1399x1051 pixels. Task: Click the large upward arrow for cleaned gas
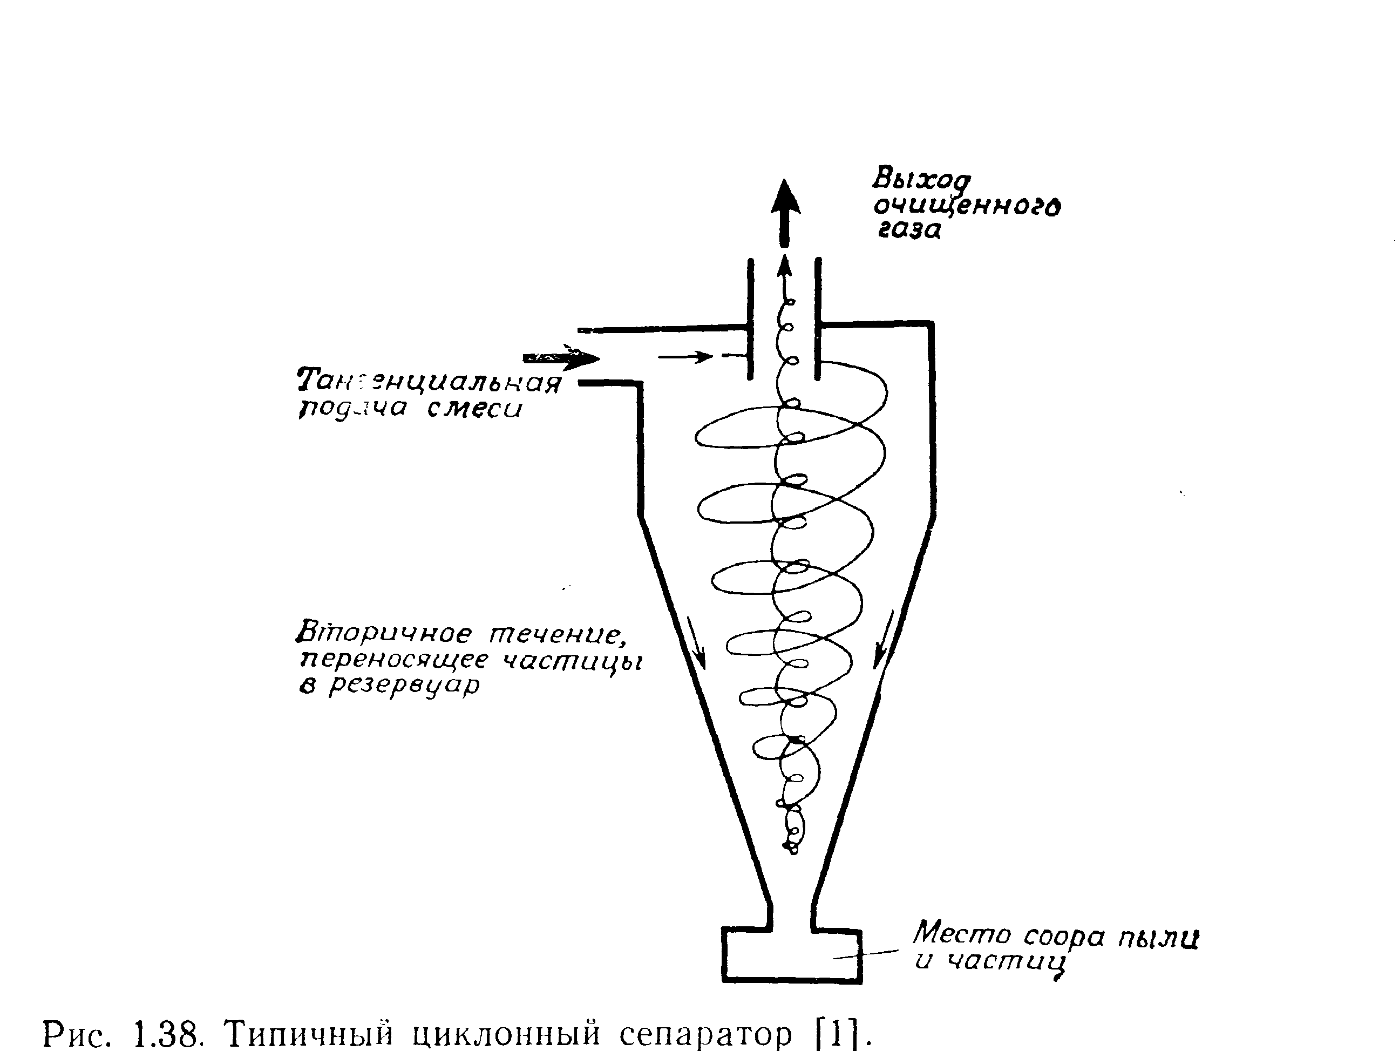click(x=785, y=212)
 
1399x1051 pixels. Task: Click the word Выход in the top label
click(x=920, y=180)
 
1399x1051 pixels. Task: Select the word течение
click(x=559, y=634)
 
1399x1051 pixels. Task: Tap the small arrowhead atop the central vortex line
click(x=785, y=266)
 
